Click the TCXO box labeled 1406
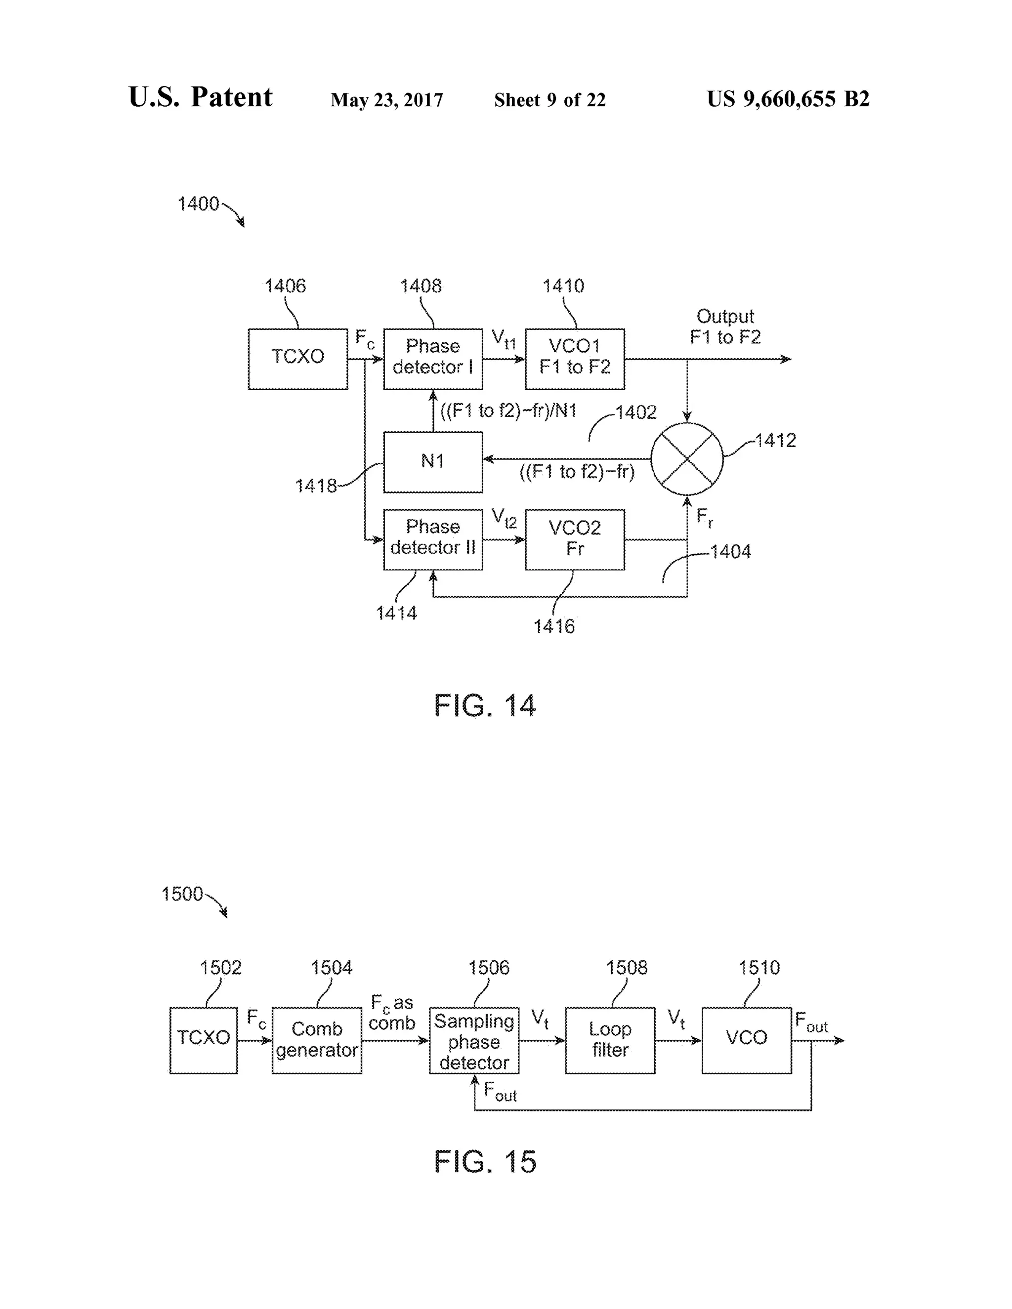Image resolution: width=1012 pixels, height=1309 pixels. (x=297, y=359)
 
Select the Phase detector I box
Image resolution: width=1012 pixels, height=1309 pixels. (x=432, y=359)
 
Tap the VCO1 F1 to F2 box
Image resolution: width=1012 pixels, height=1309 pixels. (x=574, y=359)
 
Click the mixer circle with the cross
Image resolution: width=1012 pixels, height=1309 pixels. (x=686, y=458)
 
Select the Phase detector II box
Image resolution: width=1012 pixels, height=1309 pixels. (x=432, y=539)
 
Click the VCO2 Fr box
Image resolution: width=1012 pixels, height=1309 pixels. (x=574, y=539)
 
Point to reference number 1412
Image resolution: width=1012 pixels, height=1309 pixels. (x=775, y=441)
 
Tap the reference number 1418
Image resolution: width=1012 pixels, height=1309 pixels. (x=315, y=486)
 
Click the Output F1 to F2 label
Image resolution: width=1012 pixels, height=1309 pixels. (x=725, y=327)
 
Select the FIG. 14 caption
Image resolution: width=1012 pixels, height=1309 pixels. (x=484, y=705)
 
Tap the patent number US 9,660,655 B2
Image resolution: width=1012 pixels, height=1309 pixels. (x=788, y=99)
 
